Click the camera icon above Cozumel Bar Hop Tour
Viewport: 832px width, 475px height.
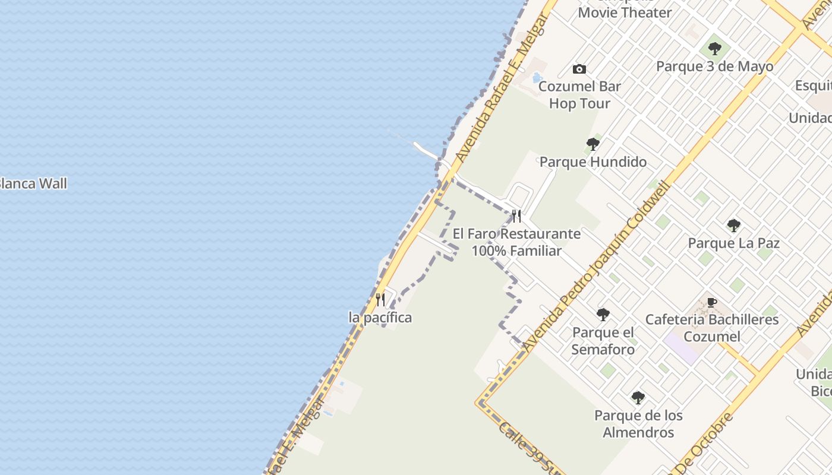[x=579, y=69]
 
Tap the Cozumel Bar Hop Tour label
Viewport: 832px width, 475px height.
[x=579, y=95]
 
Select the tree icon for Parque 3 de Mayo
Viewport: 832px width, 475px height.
[x=715, y=49]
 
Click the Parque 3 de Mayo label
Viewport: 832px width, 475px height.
[x=714, y=66]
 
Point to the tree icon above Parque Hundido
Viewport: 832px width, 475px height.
[x=593, y=144]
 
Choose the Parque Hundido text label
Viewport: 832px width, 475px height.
[x=593, y=161]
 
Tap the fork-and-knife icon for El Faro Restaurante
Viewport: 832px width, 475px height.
[x=516, y=216]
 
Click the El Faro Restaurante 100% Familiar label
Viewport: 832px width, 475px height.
[x=516, y=242]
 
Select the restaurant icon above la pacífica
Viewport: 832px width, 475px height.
[x=380, y=299]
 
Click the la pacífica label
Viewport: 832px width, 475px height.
[x=380, y=318]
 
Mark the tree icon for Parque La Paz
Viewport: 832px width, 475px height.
[x=733, y=226]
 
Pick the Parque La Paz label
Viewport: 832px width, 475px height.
[x=733, y=243]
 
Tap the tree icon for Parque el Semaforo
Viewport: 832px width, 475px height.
[x=603, y=315]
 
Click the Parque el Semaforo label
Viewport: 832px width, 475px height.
[x=603, y=341]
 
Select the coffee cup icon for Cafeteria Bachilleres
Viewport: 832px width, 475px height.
[x=712, y=303]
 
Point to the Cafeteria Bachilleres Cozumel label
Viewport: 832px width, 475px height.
[x=712, y=328]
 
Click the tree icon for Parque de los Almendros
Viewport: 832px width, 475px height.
[x=638, y=397]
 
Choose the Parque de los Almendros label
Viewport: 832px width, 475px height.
[x=638, y=424]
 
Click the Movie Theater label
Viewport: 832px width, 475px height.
[x=625, y=12]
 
